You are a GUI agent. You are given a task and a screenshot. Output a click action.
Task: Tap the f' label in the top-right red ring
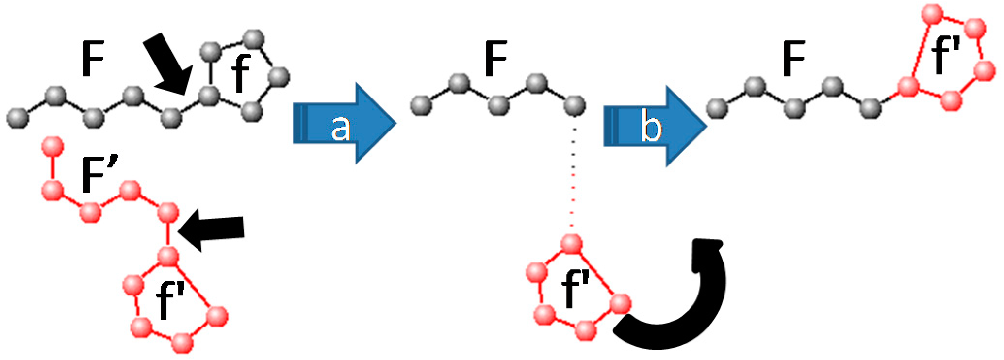pos(946,56)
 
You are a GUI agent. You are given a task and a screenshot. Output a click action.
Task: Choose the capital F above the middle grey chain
pos(496,59)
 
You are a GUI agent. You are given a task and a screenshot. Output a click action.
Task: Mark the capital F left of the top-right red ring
pos(794,59)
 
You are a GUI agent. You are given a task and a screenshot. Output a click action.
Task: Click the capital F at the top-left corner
pos(93,59)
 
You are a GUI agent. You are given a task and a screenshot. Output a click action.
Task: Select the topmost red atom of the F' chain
pos(53,147)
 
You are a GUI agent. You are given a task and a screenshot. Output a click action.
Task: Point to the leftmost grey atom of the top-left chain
pos(17,118)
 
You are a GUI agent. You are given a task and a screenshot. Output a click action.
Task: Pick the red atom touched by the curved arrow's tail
pos(620,305)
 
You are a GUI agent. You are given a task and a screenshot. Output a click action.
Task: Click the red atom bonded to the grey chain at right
pos(908,87)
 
